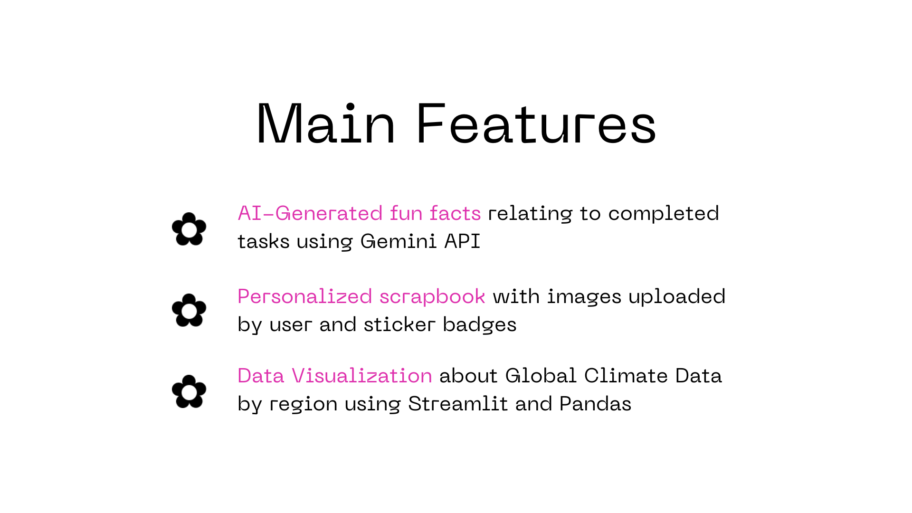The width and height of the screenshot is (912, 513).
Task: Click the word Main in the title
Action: coord(326,123)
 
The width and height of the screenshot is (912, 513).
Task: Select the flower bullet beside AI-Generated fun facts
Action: coord(189,229)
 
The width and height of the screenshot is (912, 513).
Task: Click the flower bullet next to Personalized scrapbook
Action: coord(189,310)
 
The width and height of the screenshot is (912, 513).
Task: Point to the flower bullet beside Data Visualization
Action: coord(189,391)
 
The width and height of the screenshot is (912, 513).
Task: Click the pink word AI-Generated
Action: coord(310,213)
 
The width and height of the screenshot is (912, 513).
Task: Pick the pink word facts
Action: coord(455,213)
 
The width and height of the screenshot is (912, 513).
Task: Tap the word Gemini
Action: coord(399,241)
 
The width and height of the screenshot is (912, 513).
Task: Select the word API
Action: coord(462,241)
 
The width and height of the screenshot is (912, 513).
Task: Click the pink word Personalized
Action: coord(305,296)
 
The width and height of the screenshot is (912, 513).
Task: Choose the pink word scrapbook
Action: coord(432,296)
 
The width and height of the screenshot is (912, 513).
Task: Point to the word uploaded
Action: coord(677,296)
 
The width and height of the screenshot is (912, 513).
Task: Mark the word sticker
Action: coord(399,324)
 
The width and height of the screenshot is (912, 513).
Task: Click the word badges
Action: coord(480,324)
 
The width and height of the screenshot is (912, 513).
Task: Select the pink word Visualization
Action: coord(362,376)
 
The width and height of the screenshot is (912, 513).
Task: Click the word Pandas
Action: coord(595,404)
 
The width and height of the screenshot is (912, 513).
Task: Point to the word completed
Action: coord(664,213)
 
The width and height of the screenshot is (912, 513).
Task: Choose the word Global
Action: coord(541,376)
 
